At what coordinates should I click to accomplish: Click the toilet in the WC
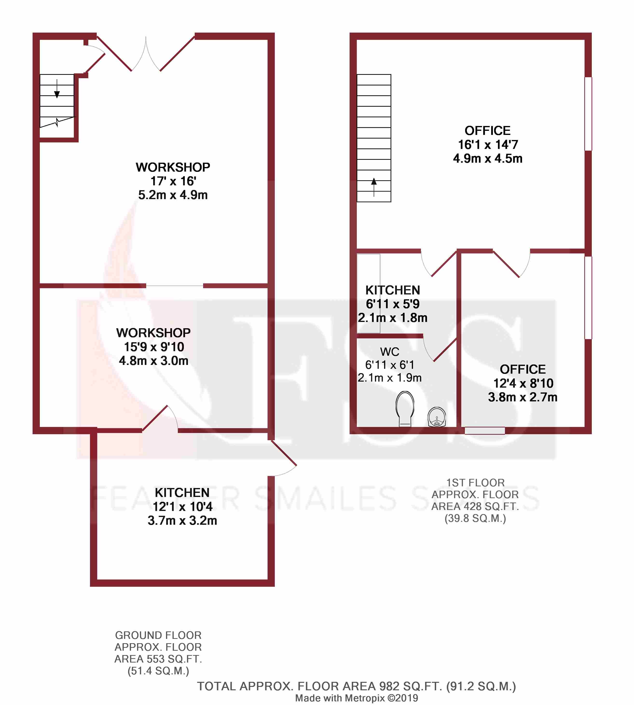coord(405,408)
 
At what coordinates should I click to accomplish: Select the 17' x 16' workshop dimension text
coord(173,181)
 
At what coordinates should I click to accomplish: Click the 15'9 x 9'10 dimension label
coord(154,347)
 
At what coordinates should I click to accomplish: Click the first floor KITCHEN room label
coord(393,290)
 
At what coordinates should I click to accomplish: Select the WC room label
coord(389,352)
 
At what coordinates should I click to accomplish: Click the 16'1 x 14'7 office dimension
coord(488,144)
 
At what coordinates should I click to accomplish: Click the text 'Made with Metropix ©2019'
coord(356,698)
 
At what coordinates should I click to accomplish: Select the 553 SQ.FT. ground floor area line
coord(158,659)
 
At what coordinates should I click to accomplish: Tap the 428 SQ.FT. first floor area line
coord(475,506)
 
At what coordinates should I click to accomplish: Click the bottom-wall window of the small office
coord(485,431)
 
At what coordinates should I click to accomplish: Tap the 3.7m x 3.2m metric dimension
coord(182,520)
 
